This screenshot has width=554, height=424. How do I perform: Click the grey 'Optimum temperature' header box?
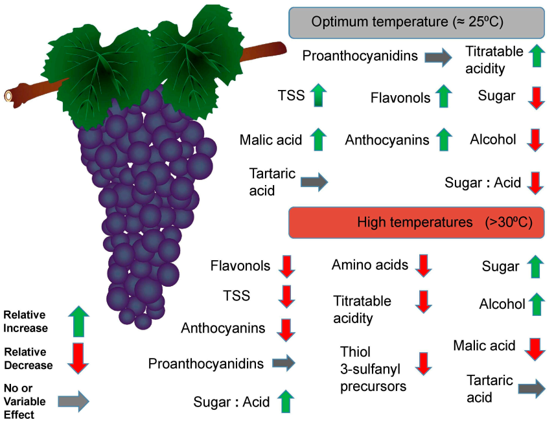[415, 22]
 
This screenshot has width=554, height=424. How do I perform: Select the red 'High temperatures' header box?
[415, 222]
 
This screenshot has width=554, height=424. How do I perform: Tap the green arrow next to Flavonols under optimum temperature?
[443, 96]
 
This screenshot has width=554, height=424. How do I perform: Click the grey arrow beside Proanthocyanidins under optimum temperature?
[439, 58]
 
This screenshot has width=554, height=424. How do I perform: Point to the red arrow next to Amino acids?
[423, 265]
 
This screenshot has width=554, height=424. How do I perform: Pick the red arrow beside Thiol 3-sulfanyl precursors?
[423, 364]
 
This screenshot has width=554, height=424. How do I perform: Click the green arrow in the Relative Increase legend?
[78, 322]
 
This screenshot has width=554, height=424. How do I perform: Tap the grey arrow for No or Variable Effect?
[73, 401]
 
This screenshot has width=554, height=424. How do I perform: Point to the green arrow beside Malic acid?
[317, 139]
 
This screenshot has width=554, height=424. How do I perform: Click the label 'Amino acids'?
[370, 265]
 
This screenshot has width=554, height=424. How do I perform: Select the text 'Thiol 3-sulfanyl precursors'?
[373, 369]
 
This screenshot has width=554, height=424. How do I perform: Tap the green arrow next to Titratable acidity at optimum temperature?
[535, 56]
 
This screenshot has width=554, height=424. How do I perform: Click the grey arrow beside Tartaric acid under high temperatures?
[531, 388]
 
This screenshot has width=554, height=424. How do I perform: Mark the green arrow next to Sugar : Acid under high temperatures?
[284, 401]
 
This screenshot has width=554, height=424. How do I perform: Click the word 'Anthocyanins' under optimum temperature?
[387, 140]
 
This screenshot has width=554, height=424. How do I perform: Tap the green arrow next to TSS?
[317, 96]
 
